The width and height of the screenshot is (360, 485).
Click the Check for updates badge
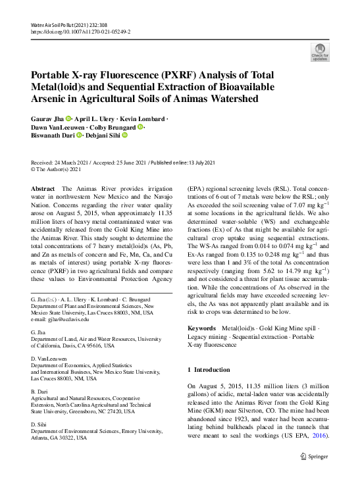tap(319, 53)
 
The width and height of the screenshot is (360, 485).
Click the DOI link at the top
tap(80, 32)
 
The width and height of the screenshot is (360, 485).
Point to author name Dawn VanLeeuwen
tap(58, 127)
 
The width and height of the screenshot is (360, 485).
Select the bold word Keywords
tap(201, 328)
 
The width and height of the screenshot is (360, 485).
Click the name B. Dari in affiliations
tap(41, 392)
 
